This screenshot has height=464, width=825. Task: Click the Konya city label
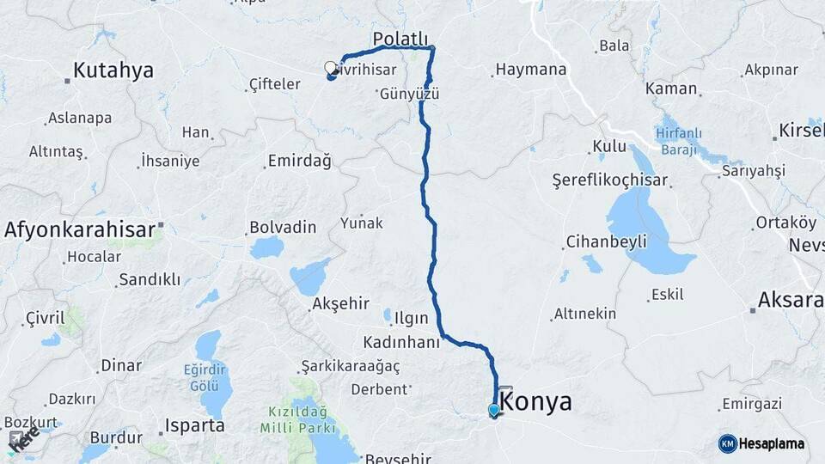tap(535, 401)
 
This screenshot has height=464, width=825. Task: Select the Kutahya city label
tap(113, 70)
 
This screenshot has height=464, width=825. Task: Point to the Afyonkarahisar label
tap(79, 229)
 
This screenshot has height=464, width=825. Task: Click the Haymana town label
tap(531, 70)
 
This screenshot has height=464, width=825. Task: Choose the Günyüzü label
tap(409, 94)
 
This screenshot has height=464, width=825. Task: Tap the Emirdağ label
tap(299, 161)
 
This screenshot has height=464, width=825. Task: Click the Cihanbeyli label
tap(606, 241)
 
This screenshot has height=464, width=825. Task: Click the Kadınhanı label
tap(401, 342)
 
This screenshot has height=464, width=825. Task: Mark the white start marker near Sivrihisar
tap(330, 68)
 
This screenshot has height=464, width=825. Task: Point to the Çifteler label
tap(273, 83)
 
